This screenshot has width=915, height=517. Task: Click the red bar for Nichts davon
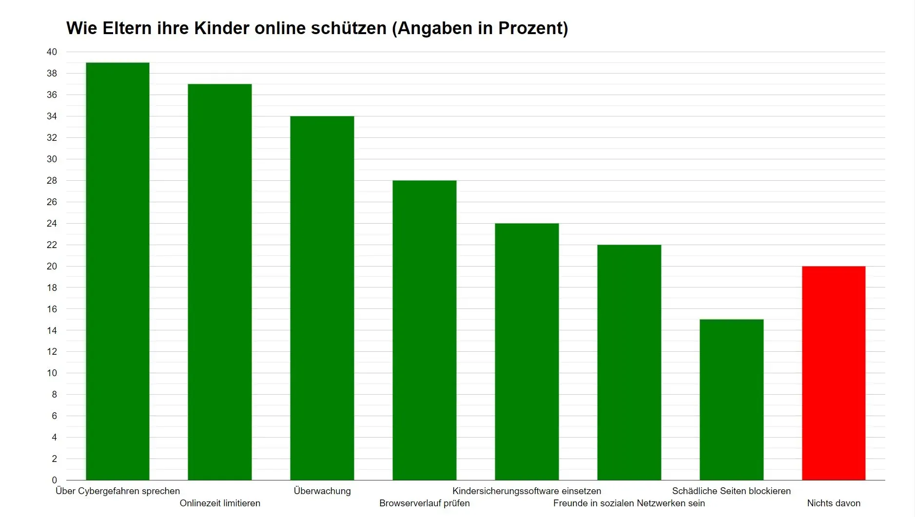(x=834, y=373)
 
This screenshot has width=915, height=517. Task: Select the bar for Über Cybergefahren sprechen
(x=117, y=271)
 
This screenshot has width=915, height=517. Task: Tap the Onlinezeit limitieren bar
(x=220, y=282)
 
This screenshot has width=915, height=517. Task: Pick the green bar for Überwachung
(x=322, y=298)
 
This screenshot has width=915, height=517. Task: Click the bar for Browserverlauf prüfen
(x=425, y=330)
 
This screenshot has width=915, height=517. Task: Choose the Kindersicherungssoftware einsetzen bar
(x=527, y=351)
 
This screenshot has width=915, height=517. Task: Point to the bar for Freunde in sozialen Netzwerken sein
(x=629, y=362)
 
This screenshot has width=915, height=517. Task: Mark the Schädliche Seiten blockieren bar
(x=732, y=400)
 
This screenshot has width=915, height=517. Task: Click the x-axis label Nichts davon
(x=834, y=503)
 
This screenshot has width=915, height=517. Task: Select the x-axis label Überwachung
(x=322, y=491)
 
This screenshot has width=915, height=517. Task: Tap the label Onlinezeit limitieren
(x=220, y=503)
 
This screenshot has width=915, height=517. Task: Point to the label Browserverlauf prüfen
(x=425, y=503)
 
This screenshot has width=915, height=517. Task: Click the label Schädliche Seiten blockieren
(x=731, y=491)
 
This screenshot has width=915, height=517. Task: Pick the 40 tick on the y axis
(x=52, y=52)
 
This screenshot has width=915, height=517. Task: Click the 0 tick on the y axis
(x=54, y=480)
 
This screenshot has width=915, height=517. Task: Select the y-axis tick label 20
(x=52, y=266)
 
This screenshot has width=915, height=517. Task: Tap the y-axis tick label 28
(x=52, y=181)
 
